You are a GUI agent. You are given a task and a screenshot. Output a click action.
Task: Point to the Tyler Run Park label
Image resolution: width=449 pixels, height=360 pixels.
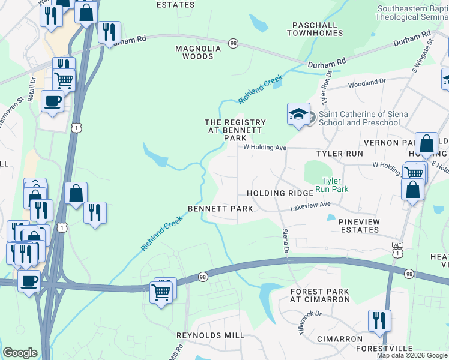(335, 184)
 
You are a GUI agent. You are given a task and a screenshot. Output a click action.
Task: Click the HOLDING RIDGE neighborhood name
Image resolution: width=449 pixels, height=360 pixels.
(280, 193)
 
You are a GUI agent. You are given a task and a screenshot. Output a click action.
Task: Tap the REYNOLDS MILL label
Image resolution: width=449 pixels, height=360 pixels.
(210, 335)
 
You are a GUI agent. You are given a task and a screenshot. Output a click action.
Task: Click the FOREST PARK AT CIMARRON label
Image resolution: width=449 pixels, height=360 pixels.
(319, 296)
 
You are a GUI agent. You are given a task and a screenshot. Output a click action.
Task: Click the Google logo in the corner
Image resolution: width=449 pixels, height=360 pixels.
(20, 353)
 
